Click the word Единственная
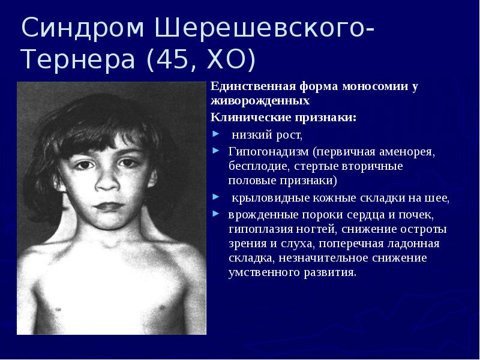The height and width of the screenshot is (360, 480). point(244,86)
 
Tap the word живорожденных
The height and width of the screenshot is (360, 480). point(260,100)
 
